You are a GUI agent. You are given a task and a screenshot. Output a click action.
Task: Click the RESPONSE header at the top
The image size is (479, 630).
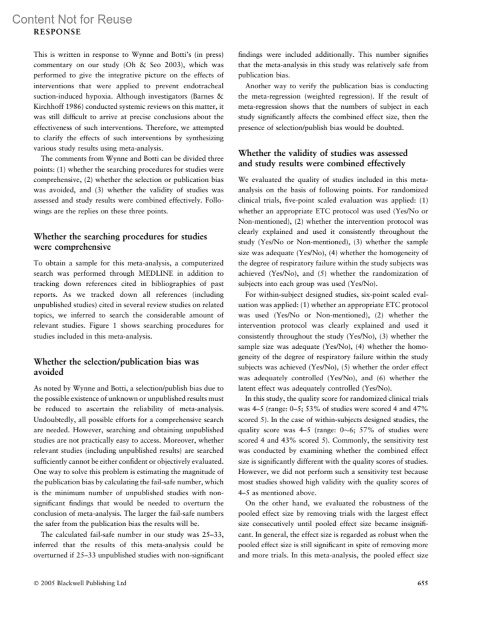[57, 32]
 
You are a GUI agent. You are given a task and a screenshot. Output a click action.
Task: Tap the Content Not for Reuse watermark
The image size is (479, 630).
[72, 19]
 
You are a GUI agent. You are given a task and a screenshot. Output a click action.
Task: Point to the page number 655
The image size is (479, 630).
[422, 583]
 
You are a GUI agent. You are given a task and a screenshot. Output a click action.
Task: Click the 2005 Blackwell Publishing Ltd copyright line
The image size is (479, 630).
[80, 583]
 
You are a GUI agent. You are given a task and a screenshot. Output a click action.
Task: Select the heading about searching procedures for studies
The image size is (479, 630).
[120, 241]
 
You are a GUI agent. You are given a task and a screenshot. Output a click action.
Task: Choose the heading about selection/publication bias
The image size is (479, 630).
[116, 366]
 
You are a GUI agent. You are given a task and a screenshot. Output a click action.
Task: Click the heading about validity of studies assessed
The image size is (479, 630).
[323, 158]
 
